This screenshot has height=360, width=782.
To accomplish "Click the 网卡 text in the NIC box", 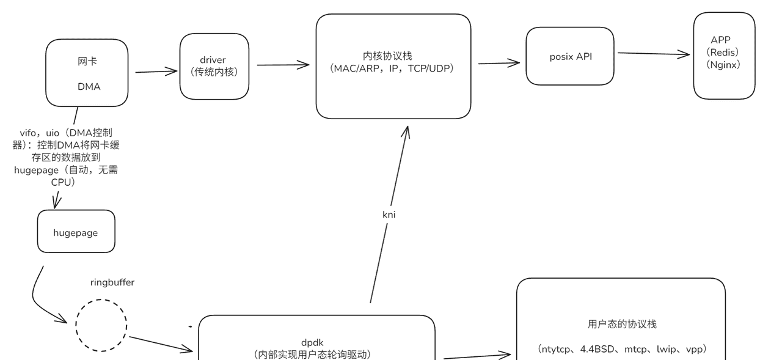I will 87,61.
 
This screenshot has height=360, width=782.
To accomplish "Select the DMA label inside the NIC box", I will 89,87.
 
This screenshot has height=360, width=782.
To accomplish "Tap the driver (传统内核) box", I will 214,66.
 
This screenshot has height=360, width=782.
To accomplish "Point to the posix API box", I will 570,56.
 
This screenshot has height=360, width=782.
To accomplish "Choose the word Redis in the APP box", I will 725,52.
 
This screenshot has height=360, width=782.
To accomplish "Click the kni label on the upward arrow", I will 389,215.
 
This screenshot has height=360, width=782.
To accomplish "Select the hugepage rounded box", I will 76,232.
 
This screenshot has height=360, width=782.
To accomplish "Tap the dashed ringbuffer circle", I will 101,325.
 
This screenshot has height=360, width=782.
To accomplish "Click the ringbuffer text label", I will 112,282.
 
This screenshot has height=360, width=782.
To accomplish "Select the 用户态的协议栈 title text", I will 621,324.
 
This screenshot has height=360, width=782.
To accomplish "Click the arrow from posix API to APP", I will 654,54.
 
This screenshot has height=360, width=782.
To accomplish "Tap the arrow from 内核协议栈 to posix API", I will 499,62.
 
